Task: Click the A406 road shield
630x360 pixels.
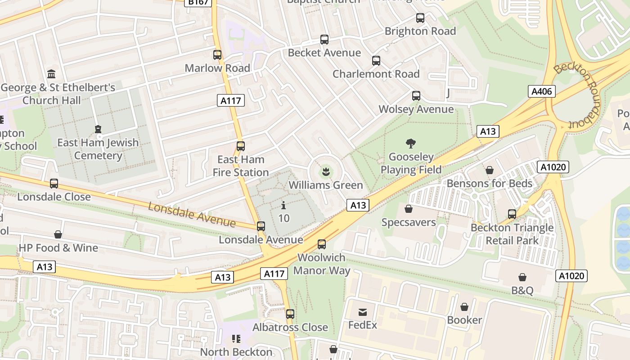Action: (x=541, y=92)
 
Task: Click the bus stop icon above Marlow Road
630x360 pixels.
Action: (x=217, y=55)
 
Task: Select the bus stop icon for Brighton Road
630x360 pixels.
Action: (x=420, y=18)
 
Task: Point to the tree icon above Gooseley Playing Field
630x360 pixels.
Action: (x=410, y=144)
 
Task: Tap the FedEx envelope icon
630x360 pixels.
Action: (x=362, y=312)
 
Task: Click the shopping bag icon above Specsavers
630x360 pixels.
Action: (x=409, y=209)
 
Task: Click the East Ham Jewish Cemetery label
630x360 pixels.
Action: (x=98, y=149)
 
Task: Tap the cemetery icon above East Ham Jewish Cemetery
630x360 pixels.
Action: (x=98, y=130)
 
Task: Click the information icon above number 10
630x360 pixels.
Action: (x=283, y=206)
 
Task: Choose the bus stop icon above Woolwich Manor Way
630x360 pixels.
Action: (x=321, y=244)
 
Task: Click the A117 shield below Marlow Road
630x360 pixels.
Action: (x=231, y=100)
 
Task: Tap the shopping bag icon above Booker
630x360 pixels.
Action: (x=464, y=307)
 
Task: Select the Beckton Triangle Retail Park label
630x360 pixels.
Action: (x=512, y=234)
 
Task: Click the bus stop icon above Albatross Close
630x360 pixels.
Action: (x=290, y=314)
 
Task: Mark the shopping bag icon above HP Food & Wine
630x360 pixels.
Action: (x=58, y=234)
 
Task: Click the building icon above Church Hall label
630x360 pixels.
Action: (x=51, y=74)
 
